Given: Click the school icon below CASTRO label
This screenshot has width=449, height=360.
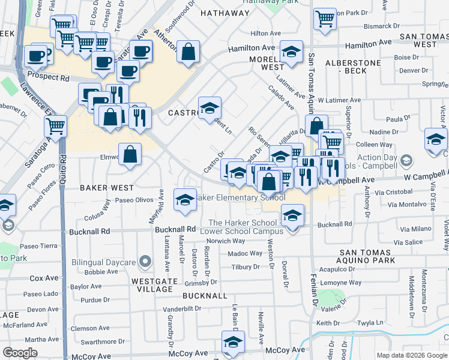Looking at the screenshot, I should (209, 108).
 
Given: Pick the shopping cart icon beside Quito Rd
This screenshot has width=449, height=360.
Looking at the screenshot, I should (55, 126).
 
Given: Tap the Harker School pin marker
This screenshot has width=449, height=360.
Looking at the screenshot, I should (292, 215).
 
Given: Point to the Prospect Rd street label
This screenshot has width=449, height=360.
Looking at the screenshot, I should (49, 77).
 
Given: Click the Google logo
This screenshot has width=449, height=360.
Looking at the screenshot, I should (20, 353).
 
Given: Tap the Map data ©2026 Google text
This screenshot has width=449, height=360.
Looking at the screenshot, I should (411, 355).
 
